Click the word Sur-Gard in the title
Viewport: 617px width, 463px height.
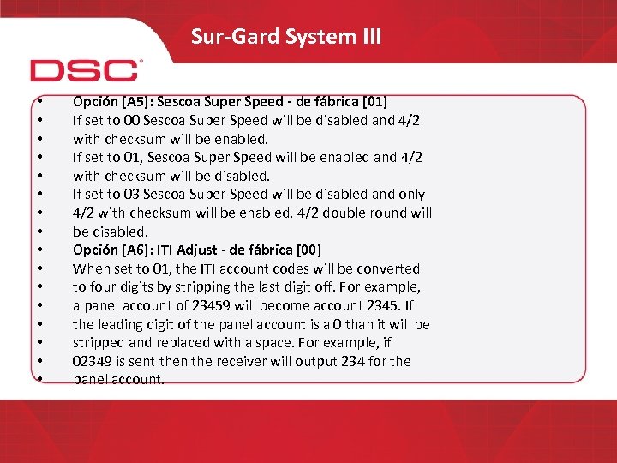225,37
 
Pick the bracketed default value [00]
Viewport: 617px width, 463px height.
306,250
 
